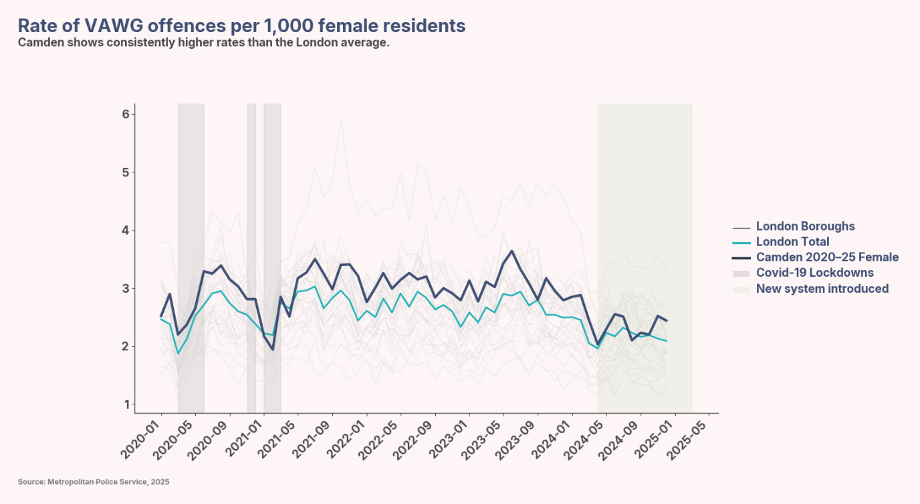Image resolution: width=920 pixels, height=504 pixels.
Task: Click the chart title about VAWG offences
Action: point(241,25)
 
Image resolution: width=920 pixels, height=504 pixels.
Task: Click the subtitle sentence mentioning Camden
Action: point(203,43)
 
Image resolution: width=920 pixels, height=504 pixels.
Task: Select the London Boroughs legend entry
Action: point(805,227)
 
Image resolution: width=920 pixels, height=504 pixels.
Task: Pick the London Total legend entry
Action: point(792,242)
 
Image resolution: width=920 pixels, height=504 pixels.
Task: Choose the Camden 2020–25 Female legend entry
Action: point(827,257)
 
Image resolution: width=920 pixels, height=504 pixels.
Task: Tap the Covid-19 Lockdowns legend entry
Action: point(814,273)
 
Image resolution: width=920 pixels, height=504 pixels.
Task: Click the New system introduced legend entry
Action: point(822,289)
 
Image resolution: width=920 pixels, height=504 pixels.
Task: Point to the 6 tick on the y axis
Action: point(125,114)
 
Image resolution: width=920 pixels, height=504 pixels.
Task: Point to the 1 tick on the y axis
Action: point(125,404)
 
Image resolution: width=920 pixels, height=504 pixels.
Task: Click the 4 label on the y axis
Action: point(125,231)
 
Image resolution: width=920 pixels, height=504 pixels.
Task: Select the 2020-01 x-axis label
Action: point(142,439)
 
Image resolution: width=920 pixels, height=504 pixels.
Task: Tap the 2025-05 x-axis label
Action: point(690,439)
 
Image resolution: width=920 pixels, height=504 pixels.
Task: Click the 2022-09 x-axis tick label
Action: point(416,439)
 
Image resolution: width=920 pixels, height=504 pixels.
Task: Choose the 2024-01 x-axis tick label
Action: point(553,439)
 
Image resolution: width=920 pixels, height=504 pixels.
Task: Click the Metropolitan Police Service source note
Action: point(94,482)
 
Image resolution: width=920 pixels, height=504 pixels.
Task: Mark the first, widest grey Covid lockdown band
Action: point(191,257)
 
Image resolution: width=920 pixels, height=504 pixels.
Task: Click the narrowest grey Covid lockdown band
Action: point(251,257)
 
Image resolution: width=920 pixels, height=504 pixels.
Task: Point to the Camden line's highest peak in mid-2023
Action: point(511,251)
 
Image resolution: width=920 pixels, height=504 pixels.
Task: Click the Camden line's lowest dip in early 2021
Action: point(272,349)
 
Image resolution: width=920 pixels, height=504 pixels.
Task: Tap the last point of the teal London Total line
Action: point(666,341)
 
